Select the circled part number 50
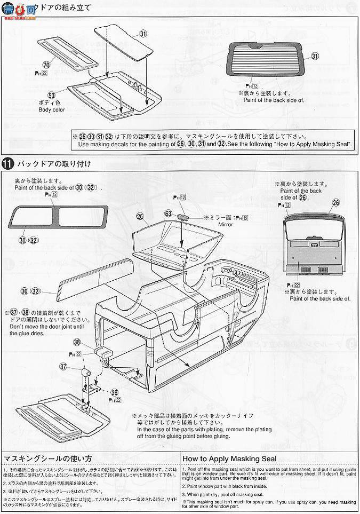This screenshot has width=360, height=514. (51, 95)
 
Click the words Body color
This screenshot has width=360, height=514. (51, 109)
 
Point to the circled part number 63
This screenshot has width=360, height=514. (168, 213)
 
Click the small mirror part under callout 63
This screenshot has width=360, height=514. (182, 218)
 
